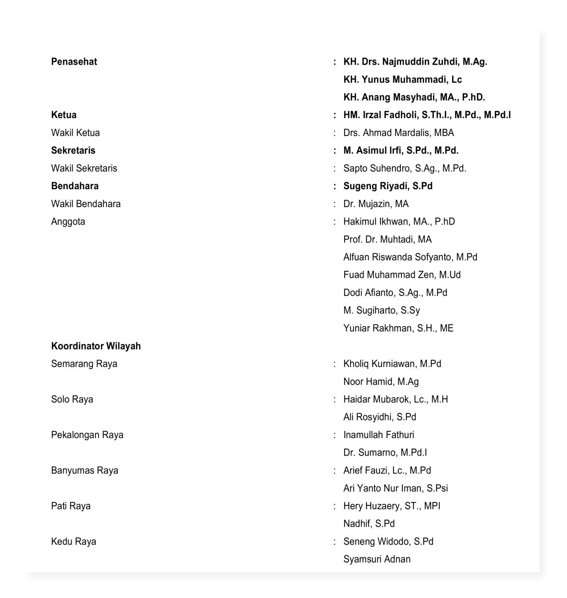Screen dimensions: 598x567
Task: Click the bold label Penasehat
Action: pos(74,62)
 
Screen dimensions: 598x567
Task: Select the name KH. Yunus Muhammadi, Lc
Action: pos(402,80)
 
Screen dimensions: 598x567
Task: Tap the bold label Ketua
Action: pos(64,115)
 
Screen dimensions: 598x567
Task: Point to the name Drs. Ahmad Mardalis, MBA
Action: pos(398,133)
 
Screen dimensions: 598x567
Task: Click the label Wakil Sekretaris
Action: pos(84,168)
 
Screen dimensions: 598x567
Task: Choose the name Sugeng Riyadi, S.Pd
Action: pos(388,186)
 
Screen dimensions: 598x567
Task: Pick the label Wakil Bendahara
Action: pos(86,204)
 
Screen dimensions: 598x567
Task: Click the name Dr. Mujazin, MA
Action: pos(376,204)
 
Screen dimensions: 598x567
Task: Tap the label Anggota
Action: pos(68,222)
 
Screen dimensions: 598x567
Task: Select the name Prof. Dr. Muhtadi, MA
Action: pos(387,239)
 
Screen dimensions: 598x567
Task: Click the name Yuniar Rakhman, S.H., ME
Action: pos(398,328)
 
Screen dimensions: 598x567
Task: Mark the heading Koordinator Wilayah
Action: pos(96,346)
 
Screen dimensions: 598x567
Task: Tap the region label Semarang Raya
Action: pos(84,364)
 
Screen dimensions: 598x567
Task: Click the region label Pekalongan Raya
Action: pos(87,435)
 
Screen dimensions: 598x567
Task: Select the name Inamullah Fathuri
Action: pos(378,435)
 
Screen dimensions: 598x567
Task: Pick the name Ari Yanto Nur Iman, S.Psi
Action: pos(395,488)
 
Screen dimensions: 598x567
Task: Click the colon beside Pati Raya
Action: pos(335,506)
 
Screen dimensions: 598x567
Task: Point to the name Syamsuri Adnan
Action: pos(377,559)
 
